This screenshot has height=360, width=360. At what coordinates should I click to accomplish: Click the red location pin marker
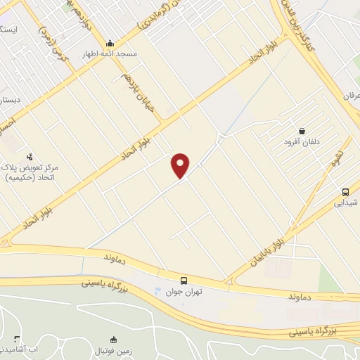[181, 165]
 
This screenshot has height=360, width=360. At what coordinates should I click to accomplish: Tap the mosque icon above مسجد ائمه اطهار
[110, 42]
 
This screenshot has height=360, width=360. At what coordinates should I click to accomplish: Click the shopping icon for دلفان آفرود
[302, 130]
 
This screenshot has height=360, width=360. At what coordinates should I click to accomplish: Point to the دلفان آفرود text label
[302, 141]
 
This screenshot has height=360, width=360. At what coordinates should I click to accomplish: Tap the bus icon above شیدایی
[345, 191]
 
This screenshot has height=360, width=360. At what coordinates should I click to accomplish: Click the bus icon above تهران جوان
[184, 279]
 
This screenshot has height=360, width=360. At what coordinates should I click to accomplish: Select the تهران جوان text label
[184, 290]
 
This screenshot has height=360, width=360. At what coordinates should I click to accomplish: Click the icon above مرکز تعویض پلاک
[30, 156]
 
